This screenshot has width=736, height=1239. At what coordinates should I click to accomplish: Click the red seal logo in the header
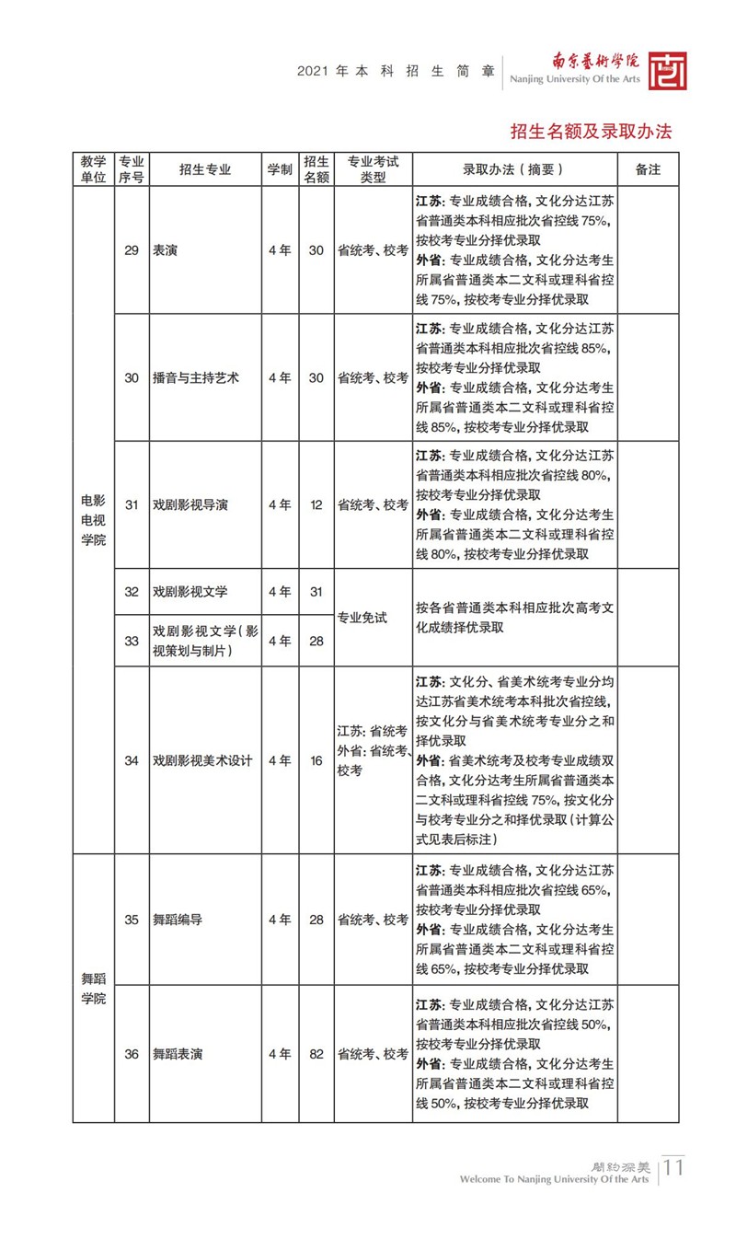pyautogui.click(x=667, y=70)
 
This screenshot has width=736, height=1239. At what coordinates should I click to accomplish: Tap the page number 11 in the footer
pyautogui.click(x=673, y=1169)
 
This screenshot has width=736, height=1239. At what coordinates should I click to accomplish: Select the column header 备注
pyautogui.click(x=648, y=169)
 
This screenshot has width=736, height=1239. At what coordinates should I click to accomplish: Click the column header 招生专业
pyautogui.click(x=205, y=169)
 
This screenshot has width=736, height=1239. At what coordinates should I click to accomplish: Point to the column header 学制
pyautogui.click(x=280, y=169)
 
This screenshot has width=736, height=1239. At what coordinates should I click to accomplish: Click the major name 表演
pyautogui.click(x=165, y=250)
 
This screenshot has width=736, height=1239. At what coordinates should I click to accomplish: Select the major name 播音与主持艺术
pyautogui.click(x=195, y=377)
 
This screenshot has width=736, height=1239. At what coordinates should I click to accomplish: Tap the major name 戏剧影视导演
pyautogui.click(x=190, y=504)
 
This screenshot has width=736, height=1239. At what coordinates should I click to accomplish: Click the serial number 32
pyautogui.click(x=132, y=592)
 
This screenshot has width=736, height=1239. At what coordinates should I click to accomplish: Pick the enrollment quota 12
pyautogui.click(x=316, y=504)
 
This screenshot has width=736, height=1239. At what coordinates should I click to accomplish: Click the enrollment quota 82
pyautogui.click(x=316, y=1054)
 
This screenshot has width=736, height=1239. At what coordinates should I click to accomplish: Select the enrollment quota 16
pyautogui.click(x=316, y=760)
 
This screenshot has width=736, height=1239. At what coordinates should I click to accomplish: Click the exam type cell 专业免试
pyautogui.click(x=362, y=617)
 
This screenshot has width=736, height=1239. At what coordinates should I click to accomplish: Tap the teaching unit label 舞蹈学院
pyautogui.click(x=93, y=988)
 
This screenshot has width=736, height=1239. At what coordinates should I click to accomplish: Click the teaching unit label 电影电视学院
pyautogui.click(x=93, y=520)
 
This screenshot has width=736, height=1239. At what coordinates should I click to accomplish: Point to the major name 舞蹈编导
pyautogui.click(x=178, y=919)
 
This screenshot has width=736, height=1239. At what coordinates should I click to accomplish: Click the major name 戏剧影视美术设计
pyautogui.click(x=202, y=760)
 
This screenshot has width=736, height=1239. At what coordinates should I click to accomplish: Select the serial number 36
pyautogui.click(x=132, y=1054)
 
